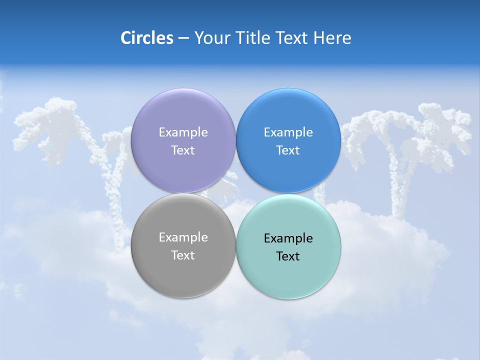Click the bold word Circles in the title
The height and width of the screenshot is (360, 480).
click(147, 38)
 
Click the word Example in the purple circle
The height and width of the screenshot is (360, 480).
click(183, 132)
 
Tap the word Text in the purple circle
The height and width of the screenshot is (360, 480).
click(183, 150)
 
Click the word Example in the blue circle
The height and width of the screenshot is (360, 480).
click(288, 132)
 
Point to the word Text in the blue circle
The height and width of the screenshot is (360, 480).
click(288, 150)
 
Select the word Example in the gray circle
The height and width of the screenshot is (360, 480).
click(183, 237)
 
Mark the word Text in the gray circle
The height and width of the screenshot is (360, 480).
click(183, 255)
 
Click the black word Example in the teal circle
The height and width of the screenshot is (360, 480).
click(288, 238)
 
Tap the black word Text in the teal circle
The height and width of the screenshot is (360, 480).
click(288, 256)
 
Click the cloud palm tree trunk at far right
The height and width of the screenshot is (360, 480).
click(397, 180)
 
